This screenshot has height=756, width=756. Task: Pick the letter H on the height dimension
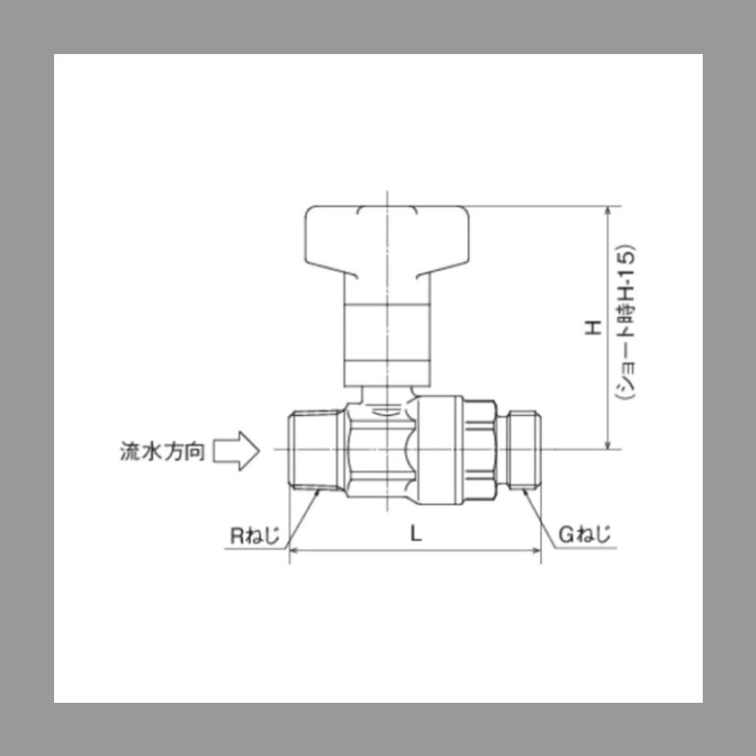point(593,328)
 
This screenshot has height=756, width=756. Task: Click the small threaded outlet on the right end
point(523,450)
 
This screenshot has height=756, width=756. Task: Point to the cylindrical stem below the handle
point(387,341)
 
